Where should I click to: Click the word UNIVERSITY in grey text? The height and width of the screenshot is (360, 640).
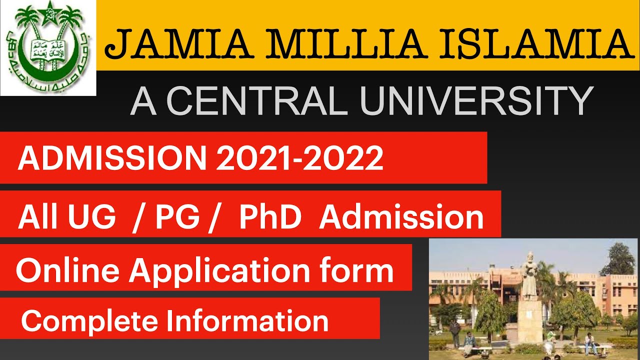click(x=476, y=101)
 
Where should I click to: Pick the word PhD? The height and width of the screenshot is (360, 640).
click(x=270, y=218)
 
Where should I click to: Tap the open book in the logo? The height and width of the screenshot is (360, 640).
click(x=48, y=49)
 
